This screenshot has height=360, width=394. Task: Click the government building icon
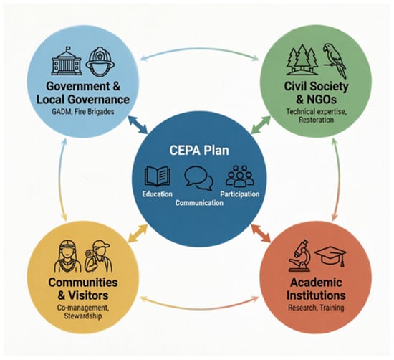[x=67, y=61]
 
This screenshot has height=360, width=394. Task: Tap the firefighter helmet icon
[x=100, y=62]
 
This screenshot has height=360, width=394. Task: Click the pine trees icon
[x=302, y=60]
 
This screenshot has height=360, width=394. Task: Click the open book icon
[x=158, y=177]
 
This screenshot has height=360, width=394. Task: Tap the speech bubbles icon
[x=199, y=179]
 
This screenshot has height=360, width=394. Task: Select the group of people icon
[x=240, y=176]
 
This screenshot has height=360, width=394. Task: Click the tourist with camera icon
[x=98, y=256]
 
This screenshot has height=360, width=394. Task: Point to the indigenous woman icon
[x=67, y=256]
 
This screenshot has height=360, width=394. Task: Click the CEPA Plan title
[x=199, y=151]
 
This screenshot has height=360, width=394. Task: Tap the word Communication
[x=199, y=203]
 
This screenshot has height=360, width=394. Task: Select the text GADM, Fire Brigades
[x=83, y=112]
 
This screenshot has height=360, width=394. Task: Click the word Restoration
[x=316, y=120]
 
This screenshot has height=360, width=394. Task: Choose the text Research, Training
[x=316, y=308]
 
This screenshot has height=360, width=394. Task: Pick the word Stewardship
[x=83, y=316]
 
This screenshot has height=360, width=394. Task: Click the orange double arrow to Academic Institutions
[x=261, y=233]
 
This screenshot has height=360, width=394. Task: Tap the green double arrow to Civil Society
[x=261, y=125]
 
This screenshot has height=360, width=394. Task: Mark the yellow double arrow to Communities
[x=138, y=233]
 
